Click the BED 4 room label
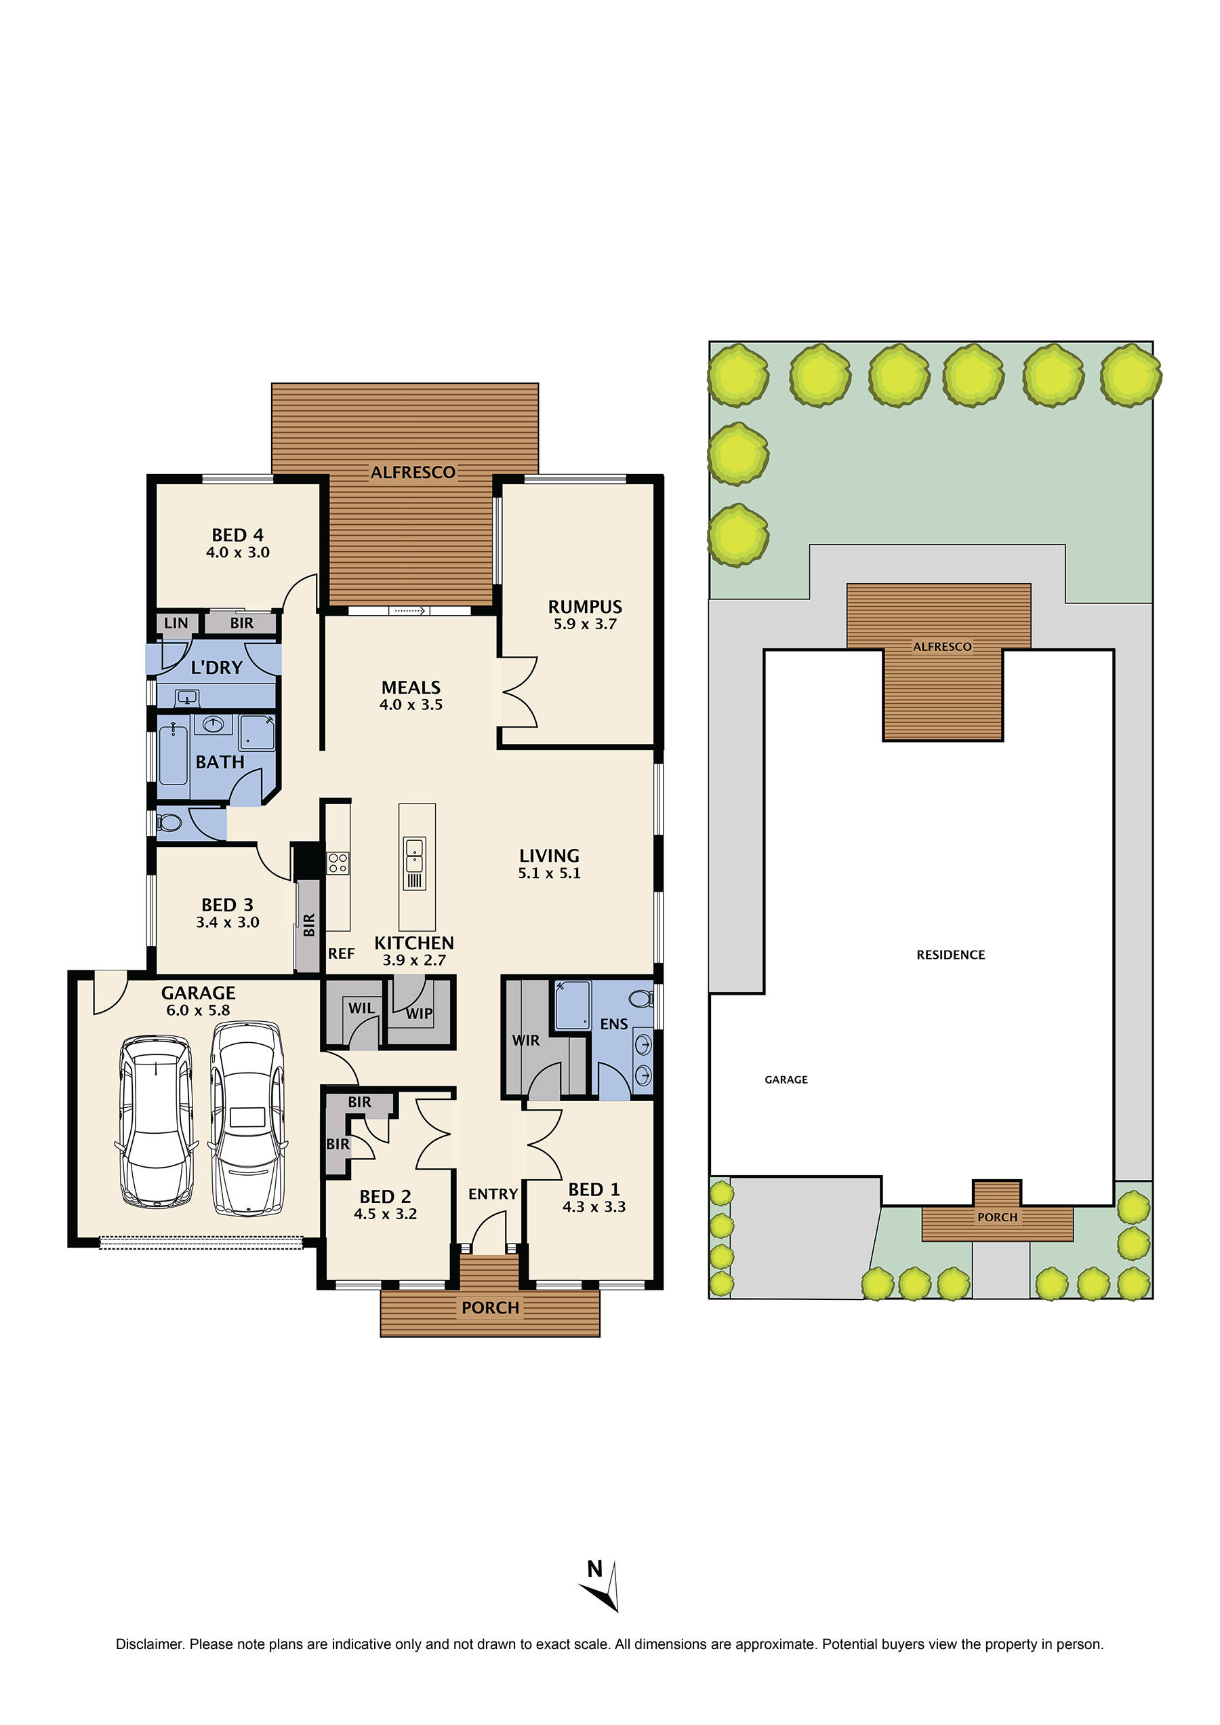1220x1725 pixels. [x=237, y=534]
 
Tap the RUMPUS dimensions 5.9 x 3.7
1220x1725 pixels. [x=584, y=624]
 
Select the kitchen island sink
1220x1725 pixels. [x=415, y=863]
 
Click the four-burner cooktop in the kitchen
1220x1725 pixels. [x=338, y=863]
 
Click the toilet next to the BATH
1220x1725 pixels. [x=169, y=822]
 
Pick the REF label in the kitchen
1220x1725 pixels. [x=341, y=953]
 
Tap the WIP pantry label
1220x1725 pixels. [x=419, y=1013]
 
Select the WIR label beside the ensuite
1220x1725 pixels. [x=525, y=1040]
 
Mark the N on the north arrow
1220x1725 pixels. [x=594, y=1568]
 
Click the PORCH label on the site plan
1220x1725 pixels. [x=997, y=1217]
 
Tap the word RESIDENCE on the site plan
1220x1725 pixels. [x=950, y=955]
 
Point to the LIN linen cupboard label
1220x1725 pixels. [x=176, y=622]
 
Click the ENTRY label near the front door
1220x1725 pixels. [x=493, y=1193]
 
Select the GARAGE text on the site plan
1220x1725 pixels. [x=786, y=1079]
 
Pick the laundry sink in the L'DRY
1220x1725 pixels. [x=186, y=698]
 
